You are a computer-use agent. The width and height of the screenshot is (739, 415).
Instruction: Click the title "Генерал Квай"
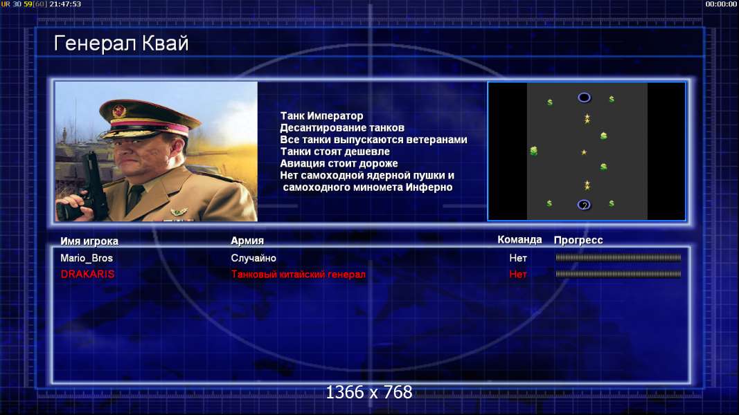pyautogui.click(x=121, y=44)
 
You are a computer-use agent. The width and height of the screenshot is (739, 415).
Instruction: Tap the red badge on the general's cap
pyautogui.click(x=119, y=111)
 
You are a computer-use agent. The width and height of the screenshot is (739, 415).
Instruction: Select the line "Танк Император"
pyautogui.click(x=321, y=116)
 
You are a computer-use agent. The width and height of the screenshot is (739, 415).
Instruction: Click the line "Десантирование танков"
pyautogui.click(x=342, y=128)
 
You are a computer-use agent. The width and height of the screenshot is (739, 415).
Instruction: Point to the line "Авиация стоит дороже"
pyautogui.click(x=339, y=164)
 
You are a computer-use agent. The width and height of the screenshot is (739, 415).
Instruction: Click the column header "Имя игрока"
pyautogui.click(x=89, y=241)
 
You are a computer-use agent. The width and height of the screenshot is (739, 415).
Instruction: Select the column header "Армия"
pyautogui.click(x=247, y=241)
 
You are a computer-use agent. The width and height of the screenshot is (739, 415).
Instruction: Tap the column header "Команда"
pyautogui.click(x=519, y=240)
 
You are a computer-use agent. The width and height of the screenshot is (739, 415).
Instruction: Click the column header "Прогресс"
pyautogui.click(x=578, y=240)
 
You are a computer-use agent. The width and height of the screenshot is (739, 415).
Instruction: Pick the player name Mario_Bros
pyautogui.click(x=87, y=258)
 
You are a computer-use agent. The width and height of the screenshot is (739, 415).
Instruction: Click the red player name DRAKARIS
pyautogui.click(x=87, y=275)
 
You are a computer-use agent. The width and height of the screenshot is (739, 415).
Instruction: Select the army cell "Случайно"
pyautogui.click(x=253, y=258)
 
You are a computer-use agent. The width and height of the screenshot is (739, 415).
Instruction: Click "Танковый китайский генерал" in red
pyautogui.click(x=299, y=275)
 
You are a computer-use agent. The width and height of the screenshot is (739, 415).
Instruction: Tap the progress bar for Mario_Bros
pyautogui.click(x=618, y=258)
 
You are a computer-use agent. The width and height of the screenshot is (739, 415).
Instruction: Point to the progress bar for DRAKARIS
pyautogui.click(x=618, y=274)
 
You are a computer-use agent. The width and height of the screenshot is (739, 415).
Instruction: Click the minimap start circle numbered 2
pyautogui.click(x=584, y=205)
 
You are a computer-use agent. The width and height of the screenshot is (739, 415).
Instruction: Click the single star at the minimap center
pyautogui.click(x=584, y=152)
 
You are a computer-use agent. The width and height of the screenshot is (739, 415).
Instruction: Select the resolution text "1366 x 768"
pyautogui.click(x=369, y=392)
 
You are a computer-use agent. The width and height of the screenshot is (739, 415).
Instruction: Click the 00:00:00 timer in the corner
pyautogui.click(x=720, y=4)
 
